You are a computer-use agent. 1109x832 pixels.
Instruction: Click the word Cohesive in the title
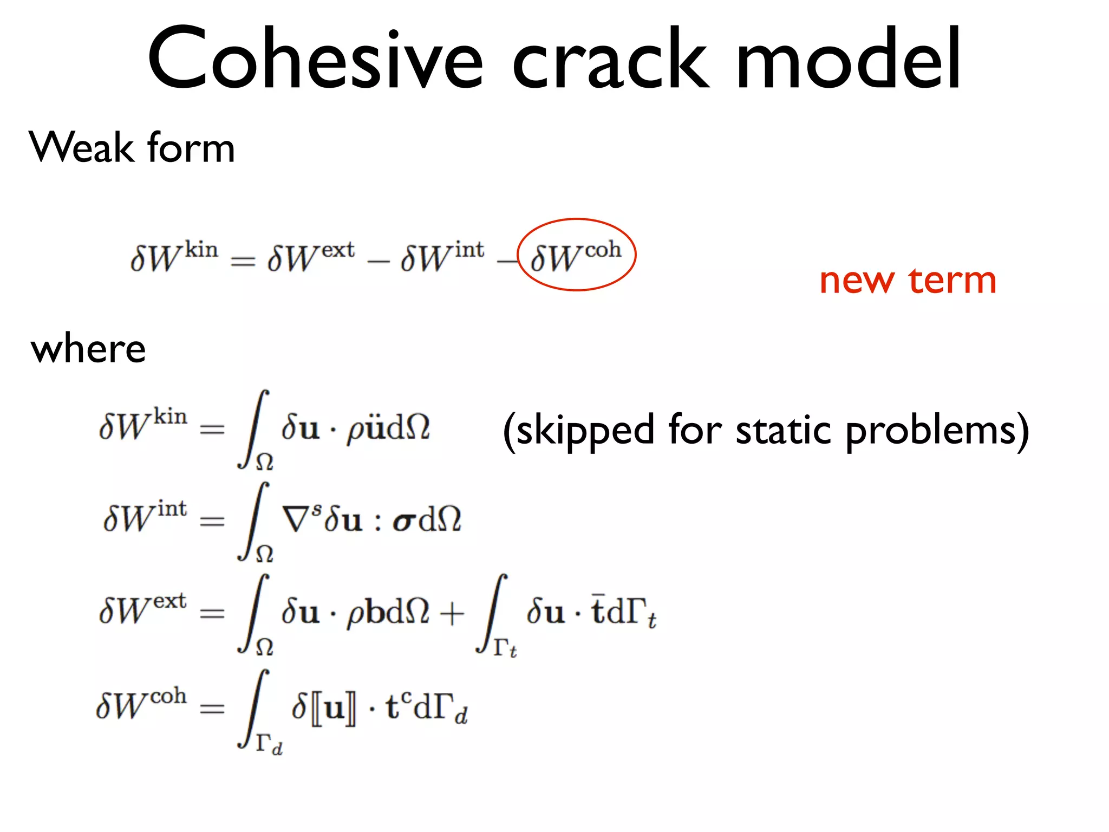coord(314,58)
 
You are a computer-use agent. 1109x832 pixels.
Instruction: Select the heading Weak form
coord(132,147)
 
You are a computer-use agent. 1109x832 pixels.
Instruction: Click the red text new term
coord(908,281)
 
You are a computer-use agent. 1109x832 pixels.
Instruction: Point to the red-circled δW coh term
coord(576,255)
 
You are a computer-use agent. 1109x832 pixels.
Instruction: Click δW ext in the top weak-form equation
coord(311,256)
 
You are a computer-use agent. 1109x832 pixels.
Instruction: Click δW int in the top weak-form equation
coord(442,256)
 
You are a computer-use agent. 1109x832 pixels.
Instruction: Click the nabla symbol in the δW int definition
coord(295,519)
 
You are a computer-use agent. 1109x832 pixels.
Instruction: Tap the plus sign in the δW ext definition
coord(452,614)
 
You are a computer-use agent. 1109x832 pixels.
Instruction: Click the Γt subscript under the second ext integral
coord(505,648)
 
